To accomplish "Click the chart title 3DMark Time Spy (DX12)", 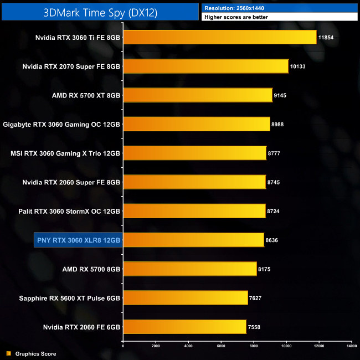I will (x=100, y=12).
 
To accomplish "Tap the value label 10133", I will (x=299, y=66).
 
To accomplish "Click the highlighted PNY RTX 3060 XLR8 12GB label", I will (x=78, y=240).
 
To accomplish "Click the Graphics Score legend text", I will (x=35, y=353).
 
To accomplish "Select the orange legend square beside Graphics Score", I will (x=8, y=353).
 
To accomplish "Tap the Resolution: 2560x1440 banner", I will (x=280, y=8).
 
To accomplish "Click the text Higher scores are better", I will (x=280, y=17).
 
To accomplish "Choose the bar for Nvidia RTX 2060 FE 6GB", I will (x=184, y=327).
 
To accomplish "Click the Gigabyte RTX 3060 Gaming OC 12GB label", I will (x=61, y=124).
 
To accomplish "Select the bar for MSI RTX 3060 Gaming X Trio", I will (x=194, y=153).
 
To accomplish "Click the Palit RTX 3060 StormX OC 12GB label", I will (x=69, y=211).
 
